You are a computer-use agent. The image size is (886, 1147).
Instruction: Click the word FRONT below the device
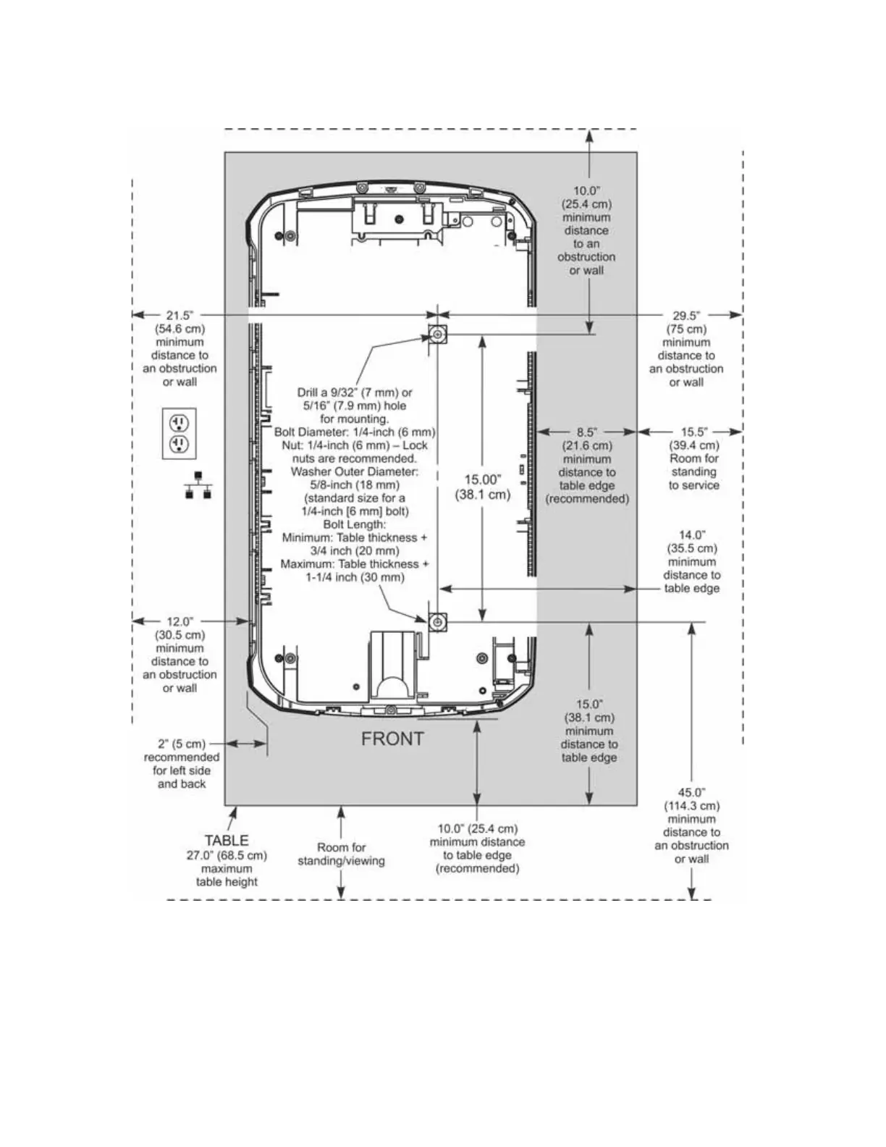pyautogui.click(x=392, y=739)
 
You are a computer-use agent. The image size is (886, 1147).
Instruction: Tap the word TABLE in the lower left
pyautogui.click(x=227, y=841)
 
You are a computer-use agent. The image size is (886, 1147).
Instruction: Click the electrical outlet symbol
pyautogui.click(x=180, y=433)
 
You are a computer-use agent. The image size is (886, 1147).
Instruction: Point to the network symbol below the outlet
pyautogui.click(x=198, y=485)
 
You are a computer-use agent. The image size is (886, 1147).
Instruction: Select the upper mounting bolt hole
pyautogui.click(x=437, y=335)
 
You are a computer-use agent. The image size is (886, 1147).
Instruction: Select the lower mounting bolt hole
pyautogui.click(x=436, y=622)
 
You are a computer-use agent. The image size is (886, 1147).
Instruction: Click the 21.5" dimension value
pyautogui.click(x=180, y=316)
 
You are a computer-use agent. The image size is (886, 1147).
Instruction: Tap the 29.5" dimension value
pyautogui.click(x=685, y=316)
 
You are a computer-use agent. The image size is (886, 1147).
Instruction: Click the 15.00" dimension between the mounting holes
pyautogui.click(x=483, y=480)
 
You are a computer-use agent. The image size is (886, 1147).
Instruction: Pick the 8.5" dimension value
pyautogui.click(x=587, y=432)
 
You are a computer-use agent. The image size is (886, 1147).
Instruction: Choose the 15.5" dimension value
pyautogui.click(x=693, y=432)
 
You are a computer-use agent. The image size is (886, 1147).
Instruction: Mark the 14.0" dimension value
pyautogui.click(x=692, y=535)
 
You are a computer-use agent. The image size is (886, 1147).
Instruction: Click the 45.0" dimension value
pyautogui.click(x=691, y=793)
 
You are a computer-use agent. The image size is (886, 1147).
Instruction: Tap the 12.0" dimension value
pyautogui.click(x=180, y=621)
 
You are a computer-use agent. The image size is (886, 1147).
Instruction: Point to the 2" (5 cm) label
pyautogui.click(x=182, y=744)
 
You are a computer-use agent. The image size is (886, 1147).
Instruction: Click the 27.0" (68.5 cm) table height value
pyautogui.click(x=227, y=855)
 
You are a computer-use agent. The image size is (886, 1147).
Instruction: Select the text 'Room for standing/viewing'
pyautogui.click(x=341, y=854)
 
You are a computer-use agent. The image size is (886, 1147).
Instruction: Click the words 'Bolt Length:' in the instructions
pyautogui.click(x=355, y=524)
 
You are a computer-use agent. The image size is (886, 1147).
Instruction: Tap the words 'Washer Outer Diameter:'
pyautogui.click(x=355, y=471)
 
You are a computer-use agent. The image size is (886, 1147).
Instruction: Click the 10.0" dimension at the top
pyautogui.click(x=586, y=191)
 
